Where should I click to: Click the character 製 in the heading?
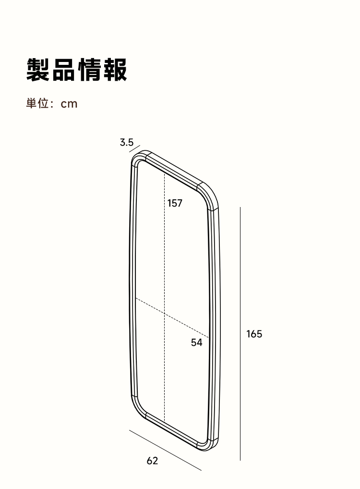coord(38,70)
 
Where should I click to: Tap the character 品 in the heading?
coord(64,70)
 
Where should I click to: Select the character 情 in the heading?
coord(89,70)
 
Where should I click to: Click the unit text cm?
coord(69,104)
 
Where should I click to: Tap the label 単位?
coord(37,103)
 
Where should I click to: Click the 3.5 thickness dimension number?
coord(127,143)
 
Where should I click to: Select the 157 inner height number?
coord(175,203)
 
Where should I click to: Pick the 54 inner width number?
coord(196,342)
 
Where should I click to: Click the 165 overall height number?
coord(254,334)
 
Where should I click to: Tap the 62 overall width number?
coord(152,461)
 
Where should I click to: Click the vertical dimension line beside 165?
coord(240,333)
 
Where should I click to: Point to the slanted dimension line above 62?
coord(165,450)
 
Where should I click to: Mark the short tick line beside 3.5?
coord(135,148)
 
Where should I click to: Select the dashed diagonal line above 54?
coord(172,317)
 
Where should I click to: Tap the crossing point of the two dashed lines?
coord(165,313)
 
